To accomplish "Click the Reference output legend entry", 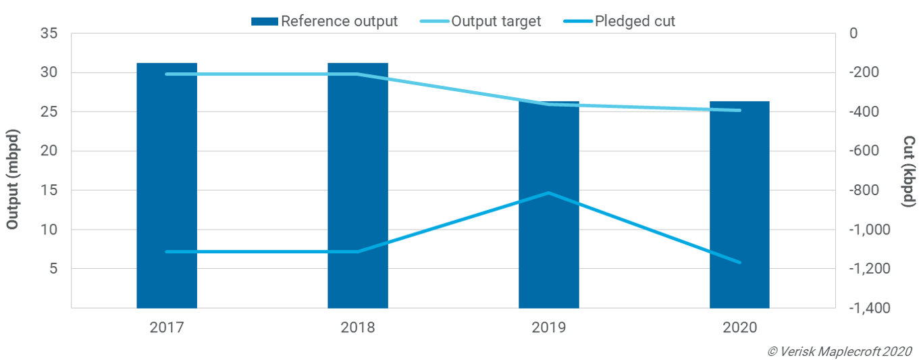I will coord(324,21).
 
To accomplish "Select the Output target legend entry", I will coord(481,21).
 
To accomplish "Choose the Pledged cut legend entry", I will coord(619,21).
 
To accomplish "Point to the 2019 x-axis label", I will coord(549,328).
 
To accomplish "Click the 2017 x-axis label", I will coord(167,328).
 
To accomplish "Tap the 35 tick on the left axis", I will coord(49,33).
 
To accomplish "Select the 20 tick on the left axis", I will coord(49,151).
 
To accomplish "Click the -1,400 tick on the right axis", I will coord(866,308).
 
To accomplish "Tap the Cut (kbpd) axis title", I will coord(909,171).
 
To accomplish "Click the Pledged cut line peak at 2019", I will coord(549,193).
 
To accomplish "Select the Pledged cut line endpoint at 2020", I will coord(739,262).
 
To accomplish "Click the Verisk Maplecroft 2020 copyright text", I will coord(839,351).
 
